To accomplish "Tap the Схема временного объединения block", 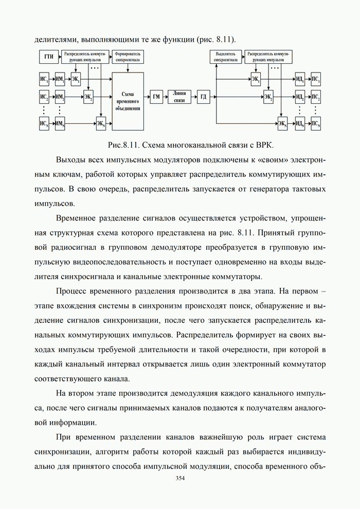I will coord(128,101).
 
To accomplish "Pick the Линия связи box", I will coord(179,97).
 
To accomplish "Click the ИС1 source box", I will coord(44,80).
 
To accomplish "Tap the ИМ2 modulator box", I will coord(60,97).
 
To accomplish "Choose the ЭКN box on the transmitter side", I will coord(100,123).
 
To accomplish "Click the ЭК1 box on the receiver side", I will coord(256,80).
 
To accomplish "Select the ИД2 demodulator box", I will coord(299,97).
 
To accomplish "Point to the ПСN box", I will coord(316,123).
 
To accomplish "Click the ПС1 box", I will coord(316,80).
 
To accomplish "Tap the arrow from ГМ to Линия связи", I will coord(166,97).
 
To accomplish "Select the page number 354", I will coord(180,478).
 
